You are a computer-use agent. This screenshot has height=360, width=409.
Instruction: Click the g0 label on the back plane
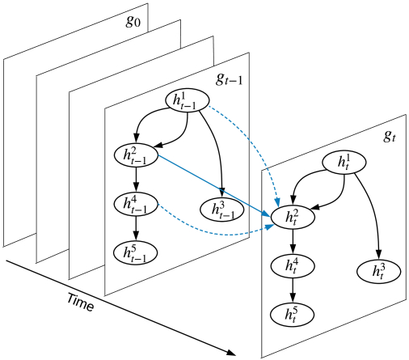[133, 22]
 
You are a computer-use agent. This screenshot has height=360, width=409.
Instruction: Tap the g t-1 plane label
[230, 79]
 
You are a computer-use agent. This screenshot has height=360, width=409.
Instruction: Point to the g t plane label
[390, 137]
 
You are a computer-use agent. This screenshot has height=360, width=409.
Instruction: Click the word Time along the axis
[81, 303]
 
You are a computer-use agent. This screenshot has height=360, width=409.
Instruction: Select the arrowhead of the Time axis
[231, 352]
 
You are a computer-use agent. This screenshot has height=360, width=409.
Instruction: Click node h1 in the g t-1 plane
[188, 100]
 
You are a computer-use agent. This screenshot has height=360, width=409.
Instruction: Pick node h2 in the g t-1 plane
[136, 155]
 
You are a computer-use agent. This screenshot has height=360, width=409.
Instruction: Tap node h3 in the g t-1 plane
[222, 210]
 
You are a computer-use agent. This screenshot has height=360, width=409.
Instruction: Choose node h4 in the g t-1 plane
[136, 204]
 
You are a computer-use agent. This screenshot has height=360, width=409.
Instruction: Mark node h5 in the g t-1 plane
[136, 253]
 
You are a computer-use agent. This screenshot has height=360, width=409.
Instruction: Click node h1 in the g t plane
[344, 163]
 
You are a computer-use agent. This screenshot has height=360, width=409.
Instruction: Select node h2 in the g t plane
[293, 217]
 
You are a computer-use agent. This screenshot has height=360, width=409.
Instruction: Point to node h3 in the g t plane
[379, 271]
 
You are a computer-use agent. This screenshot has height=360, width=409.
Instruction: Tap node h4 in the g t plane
[293, 266]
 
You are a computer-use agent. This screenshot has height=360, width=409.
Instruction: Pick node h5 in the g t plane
[293, 315]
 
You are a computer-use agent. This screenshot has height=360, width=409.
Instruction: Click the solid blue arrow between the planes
[214, 186]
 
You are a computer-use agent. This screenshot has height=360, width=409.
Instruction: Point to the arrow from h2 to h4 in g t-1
[136, 180]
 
